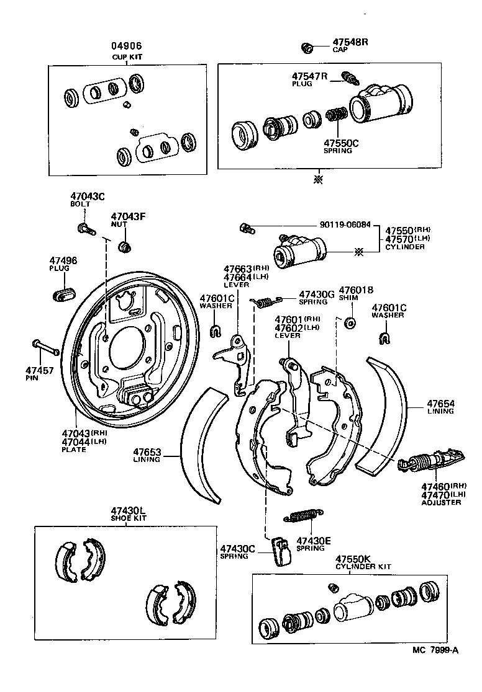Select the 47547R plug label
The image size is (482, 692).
click(x=309, y=76)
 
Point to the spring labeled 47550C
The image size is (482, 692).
click(x=337, y=116)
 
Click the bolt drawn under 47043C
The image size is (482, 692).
click(x=86, y=229)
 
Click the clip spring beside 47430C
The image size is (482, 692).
click(x=282, y=550)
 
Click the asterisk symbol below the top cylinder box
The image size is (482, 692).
click(x=319, y=179)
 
